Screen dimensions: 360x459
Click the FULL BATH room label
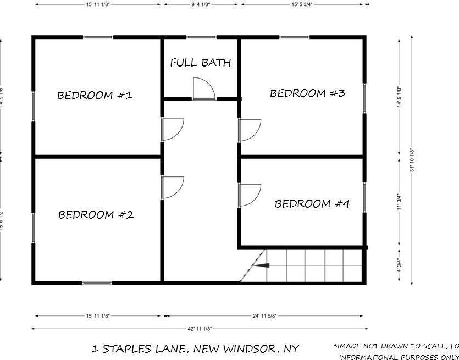pos(200,63)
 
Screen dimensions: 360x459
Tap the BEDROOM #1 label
pos(95,96)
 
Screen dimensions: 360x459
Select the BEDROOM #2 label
pos(96,215)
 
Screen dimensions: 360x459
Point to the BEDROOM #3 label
pos(307,93)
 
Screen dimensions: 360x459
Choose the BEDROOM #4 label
pos(312,204)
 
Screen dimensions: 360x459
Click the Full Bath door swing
pos(202,88)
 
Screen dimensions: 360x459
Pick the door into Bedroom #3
pos(248,130)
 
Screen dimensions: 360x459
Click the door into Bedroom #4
pos(248,196)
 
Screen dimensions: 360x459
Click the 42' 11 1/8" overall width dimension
pos(200,329)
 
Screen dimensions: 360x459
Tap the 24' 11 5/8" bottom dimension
pos(264,316)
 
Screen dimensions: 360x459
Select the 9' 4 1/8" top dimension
pos(201,4)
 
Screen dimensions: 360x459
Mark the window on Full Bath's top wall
pos(201,37)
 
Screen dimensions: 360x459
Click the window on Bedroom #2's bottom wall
pos(97,283)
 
